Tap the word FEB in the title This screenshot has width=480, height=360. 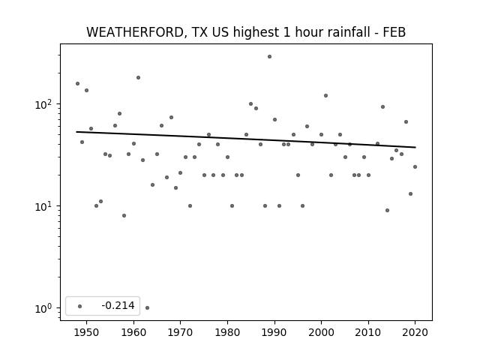[x=394, y=32]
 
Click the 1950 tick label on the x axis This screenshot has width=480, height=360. [x=87, y=332]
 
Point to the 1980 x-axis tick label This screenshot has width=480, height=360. [x=227, y=332]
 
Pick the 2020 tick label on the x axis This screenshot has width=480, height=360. [x=415, y=332]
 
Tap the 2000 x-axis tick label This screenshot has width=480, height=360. [x=321, y=332]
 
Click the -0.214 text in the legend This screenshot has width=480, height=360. [x=118, y=305]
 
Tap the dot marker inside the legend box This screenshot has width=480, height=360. [x=80, y=306]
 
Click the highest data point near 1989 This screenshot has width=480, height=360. [x=269, y=57]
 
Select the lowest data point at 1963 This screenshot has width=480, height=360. [x=147, y=307]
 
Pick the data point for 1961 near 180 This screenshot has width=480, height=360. [x=138, y=78]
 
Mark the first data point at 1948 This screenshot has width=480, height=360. [x=77, y=83]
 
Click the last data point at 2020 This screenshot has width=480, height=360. [x=415, y=166]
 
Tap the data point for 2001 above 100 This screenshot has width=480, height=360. [x=325, y=95]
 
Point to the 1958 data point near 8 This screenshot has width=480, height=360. [x=124, y=215]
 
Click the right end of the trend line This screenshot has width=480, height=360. [x=415, y=147]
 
